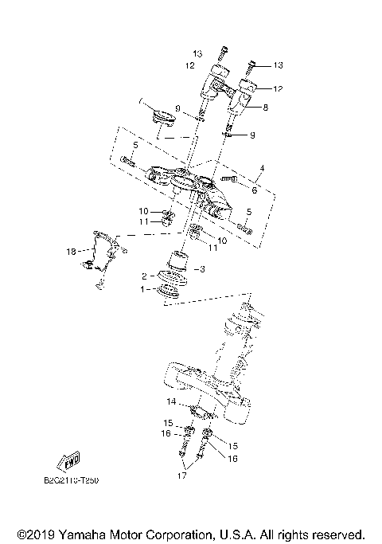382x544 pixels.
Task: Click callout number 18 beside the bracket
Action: coord(70,252)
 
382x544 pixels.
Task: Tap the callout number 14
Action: coord(171,402)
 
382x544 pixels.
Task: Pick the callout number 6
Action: coord(254,190)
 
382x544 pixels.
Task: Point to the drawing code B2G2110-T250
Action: coord(67,481)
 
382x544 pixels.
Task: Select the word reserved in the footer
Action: coord(337,534)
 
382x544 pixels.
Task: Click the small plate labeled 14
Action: coord(202,411)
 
